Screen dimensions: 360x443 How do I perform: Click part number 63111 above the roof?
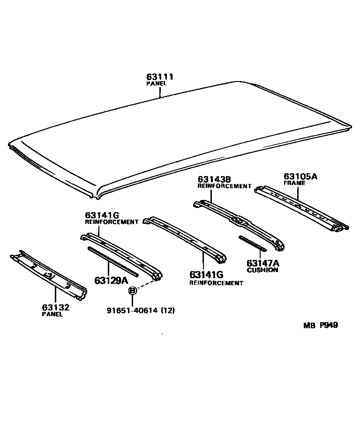[159, 77]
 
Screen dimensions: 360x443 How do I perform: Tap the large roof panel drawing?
[178, 136]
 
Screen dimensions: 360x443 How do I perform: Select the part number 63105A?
[300, 177]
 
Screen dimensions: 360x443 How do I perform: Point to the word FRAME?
[294, 183]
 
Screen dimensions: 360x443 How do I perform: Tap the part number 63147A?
[262, 264]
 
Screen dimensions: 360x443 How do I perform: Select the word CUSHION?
[262, 270]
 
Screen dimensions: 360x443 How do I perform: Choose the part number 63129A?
[111, 280]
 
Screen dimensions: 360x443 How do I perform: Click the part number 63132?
[55, 308]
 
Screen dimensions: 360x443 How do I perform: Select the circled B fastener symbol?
[132, 291]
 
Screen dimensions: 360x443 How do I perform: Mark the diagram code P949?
[329, 325]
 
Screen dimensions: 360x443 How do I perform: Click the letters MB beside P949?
[309, 325]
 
